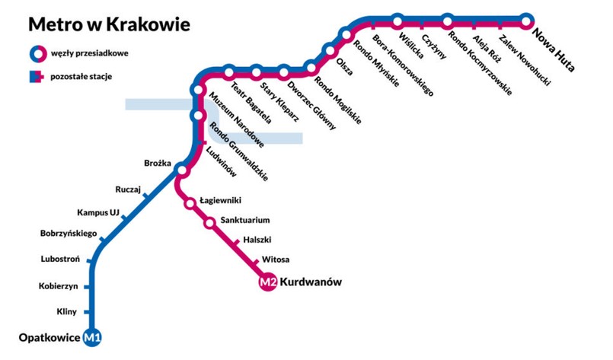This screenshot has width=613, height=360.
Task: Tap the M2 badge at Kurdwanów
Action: coord(267,282)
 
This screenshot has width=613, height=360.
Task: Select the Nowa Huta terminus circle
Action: coord(526,20)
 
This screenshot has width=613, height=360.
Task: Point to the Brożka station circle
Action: coord(181,169)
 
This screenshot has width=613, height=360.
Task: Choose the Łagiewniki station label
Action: coord(220,199)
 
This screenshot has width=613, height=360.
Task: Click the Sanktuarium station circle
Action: coord(209,223)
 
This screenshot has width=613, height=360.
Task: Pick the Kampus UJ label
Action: coord(99,212)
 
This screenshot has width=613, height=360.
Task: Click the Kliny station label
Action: coord(67,311)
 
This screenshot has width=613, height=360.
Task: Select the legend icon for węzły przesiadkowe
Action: coord(36,53)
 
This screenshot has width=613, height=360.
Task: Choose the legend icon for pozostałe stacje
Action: coord(36,77)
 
